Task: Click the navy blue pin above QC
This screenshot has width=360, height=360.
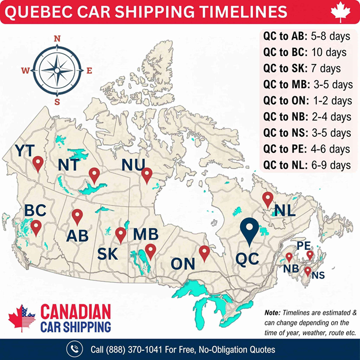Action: [x=249, y=231]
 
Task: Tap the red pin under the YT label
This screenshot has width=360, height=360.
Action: [x=38, y=164]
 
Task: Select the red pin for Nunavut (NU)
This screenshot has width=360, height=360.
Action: [x=147, y=175]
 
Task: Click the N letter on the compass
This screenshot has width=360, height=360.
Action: [x=57, y=39]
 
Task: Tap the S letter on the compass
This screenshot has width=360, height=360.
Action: [x=57, y=102]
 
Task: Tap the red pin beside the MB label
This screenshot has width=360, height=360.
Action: [x=150, y=251]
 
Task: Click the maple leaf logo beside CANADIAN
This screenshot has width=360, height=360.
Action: [x=22, y=319]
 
